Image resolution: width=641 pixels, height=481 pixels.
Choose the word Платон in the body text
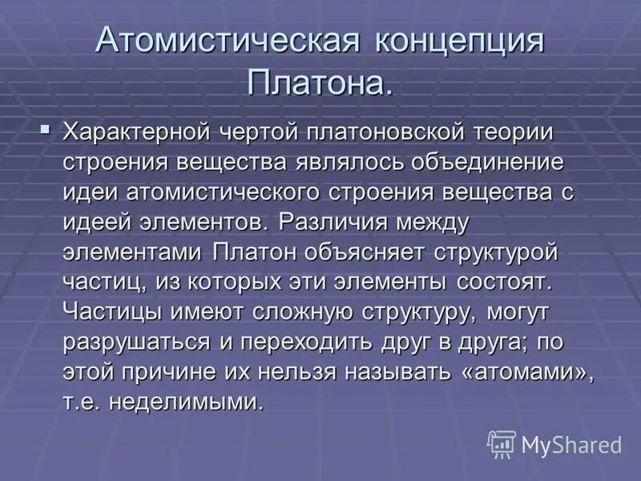[x=253, y=252]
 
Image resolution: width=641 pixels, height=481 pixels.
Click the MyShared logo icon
[x=501, y=443]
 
